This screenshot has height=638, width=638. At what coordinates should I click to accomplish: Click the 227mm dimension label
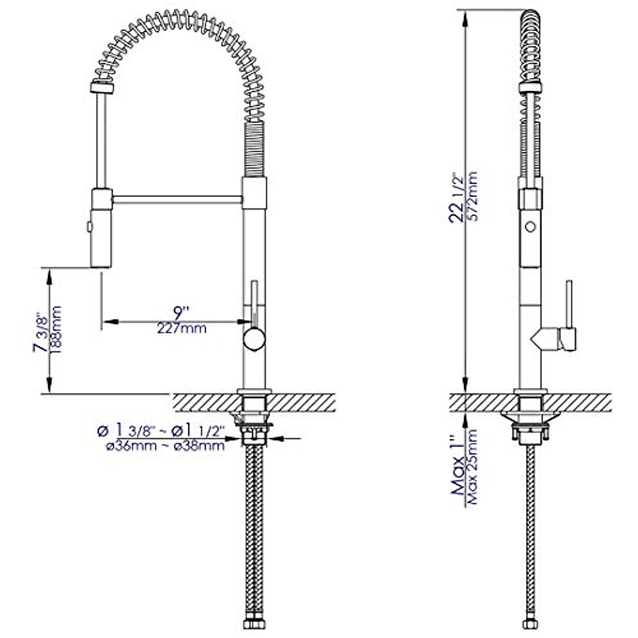click(181, 329)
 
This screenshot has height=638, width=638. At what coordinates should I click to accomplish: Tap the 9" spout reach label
click(181, 312)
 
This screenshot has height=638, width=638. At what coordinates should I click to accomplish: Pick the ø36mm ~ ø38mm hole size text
click(165, 447)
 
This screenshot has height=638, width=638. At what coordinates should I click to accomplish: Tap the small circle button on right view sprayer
click(530, 227)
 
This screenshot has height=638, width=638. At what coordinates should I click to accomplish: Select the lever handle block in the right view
click(567, 339)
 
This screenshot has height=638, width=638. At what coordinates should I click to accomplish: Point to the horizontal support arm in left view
click(177, 199)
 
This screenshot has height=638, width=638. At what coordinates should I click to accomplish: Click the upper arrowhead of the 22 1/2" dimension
click(466, 19)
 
